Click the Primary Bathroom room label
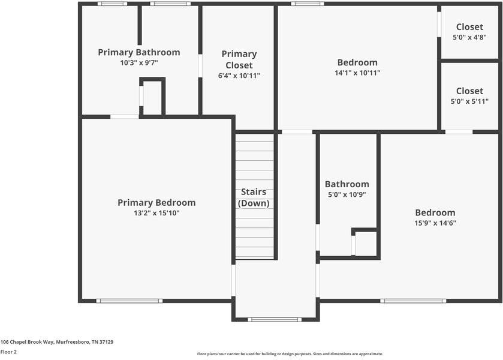tap(138, 52)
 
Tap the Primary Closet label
tap(239, 59)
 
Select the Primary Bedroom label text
tap(156, 203)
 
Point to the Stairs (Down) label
tap(255, 197)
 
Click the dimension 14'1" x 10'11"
tap(357, 73)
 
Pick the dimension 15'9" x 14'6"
tap(435, 223)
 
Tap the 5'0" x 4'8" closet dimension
tap(469, 37)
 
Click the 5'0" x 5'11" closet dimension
tap(469, 101)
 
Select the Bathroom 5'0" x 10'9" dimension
tap(347, 194)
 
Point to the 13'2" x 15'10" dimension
tap(156, 213)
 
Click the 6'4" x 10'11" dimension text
tap(239, 76)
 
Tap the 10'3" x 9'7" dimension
tap(138, 62)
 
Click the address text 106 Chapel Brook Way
tap(57, 342)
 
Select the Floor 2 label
tap(8, 352)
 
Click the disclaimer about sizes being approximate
tap(290, 354)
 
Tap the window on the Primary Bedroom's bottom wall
tap(129, 301)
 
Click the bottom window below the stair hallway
tap(275, 319)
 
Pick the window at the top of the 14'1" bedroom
tap(308, 4)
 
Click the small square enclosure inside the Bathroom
tap(365, 244)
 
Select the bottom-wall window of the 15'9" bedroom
tap(413, 301)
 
